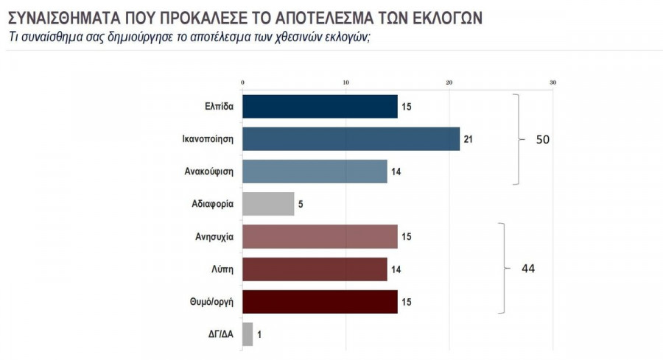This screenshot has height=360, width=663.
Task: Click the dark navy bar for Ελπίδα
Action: coord(320,107)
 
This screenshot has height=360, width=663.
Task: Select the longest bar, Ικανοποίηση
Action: coord(351,139)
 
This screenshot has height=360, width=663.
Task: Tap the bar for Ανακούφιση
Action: coord(315,172)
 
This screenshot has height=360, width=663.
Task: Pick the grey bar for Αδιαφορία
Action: coord(268,204)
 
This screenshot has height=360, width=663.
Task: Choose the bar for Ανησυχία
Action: coord(320,236)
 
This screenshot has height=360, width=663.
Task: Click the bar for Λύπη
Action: coord(315,269)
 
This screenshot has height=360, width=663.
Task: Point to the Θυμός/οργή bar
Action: coord(320,302)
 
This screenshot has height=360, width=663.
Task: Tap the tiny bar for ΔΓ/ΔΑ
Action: coord(248,334)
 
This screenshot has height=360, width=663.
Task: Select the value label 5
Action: coord(301,204)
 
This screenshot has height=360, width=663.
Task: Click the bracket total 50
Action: coord(543,139)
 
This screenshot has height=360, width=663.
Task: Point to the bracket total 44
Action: coord(527,269)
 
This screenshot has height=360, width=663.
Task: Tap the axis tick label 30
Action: coord(552,82)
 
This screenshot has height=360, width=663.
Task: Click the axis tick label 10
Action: coord(345,82)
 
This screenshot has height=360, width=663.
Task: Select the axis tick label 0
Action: coord(242,82)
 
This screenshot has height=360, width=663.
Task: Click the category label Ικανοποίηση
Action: coord(208,139)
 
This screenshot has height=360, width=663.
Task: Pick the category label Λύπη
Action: coord(222,269)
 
